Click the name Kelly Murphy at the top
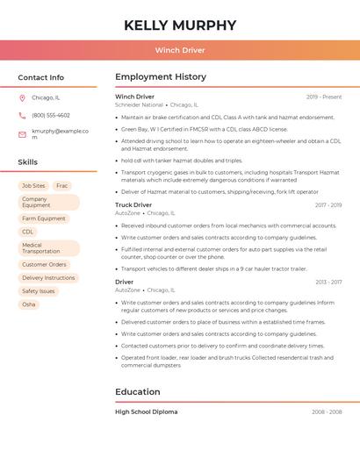tap(180, 25)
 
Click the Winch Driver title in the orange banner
tap(180, 50)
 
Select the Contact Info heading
tap(41, 77)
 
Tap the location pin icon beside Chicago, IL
tap(22, 97)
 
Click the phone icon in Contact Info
tap(22, 115)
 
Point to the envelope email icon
tap(22, 133)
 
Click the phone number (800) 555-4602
tap(51, 115)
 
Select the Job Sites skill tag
tap(33, 186)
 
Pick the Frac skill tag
tap(61, 186)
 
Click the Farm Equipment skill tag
tap(44, 218)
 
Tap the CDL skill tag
tap(28, 232)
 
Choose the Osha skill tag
tap(29, 304)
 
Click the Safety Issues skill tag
tap(39, 291)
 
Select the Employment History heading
tap(161, 77)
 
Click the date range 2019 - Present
tap(324, 97)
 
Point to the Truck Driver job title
tap(133, 204)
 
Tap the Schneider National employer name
tap(140, 104)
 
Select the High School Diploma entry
tap(147, 411)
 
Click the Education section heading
tap(138, 392)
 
